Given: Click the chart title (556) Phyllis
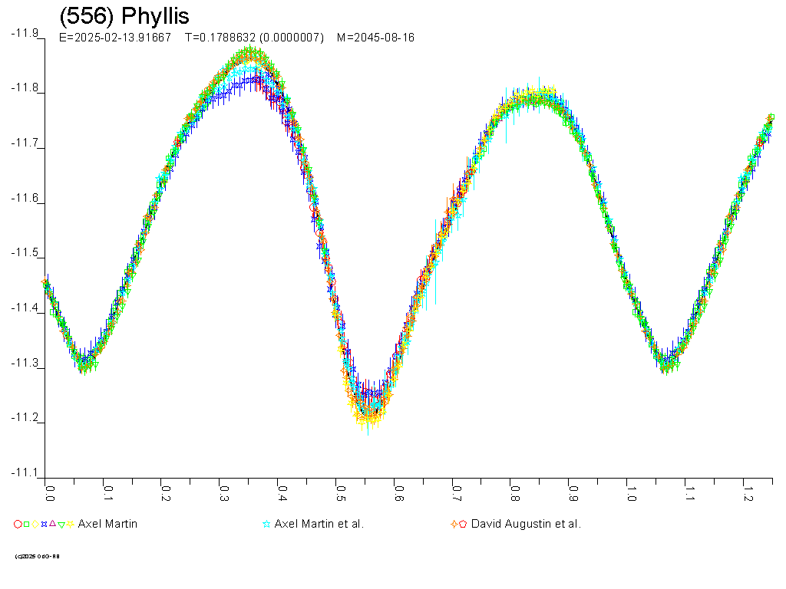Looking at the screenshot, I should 124,16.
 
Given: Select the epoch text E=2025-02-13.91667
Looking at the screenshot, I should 115,38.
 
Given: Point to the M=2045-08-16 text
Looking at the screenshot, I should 375,38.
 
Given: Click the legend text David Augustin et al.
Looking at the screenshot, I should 526,525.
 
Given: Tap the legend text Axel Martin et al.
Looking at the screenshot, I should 319,525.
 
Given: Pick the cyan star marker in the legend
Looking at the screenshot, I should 266,525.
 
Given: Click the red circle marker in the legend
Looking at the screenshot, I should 17,525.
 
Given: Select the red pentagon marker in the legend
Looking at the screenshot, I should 463,525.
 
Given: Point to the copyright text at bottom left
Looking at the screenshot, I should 37,556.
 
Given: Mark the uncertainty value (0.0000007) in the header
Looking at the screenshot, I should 296,38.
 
